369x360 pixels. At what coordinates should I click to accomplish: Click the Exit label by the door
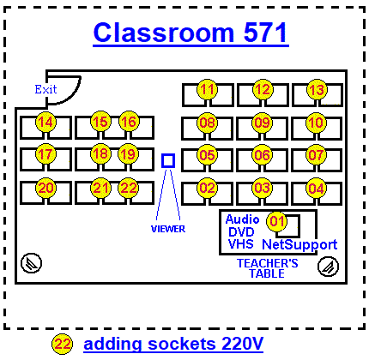[x=45, y=89]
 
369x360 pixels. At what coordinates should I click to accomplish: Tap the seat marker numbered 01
[x=276, y=221]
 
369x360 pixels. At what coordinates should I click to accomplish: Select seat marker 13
[x=317, y=89]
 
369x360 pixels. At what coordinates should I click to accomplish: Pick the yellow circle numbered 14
[x=45, y=122]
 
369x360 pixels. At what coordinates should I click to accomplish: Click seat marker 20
[x=45, y=188]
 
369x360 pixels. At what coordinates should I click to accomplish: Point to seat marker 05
[x=207, y=154]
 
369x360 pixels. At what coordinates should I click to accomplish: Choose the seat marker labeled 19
[x=128, y=154]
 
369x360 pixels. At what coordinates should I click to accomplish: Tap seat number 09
[x=262, y=123]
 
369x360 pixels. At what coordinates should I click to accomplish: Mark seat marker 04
[x=316, y=188]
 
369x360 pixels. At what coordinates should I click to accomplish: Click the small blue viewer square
[x=168, y=160]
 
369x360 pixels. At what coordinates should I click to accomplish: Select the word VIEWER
[x=168, y=229]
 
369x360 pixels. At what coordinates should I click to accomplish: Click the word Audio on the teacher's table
[x=242, y=219]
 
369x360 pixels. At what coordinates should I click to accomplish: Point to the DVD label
[x=241, y=232]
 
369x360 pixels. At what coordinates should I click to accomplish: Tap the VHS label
[x=241, y=244]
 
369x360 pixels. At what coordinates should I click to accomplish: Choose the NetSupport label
[x=299, y=245]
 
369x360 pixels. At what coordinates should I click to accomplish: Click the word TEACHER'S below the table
[x=268, y=263]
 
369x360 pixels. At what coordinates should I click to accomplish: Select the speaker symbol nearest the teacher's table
[x=329, y=267]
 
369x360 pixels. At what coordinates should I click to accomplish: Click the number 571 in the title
[x=265, y=33]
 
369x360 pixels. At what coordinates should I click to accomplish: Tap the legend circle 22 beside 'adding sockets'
[x=62, y=344]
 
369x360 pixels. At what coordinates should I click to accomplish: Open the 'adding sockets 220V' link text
[x=173, y=344]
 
